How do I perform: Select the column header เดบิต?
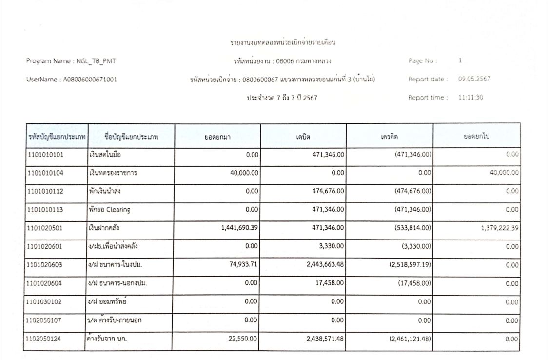pyautogui.click(x=304, y=136)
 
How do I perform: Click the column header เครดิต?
pyautogui.click(x=390, y=136)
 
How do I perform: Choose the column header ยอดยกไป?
pyautogui.click(x=476, y=136)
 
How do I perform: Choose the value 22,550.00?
pyautogui.click(x=242, y=339)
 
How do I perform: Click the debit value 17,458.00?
pyautogui.click(x=328, y=283)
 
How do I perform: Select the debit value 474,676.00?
pyautogui.click(x=325, y=191)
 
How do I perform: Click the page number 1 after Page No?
pyautogui.click(x=460, y=61)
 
